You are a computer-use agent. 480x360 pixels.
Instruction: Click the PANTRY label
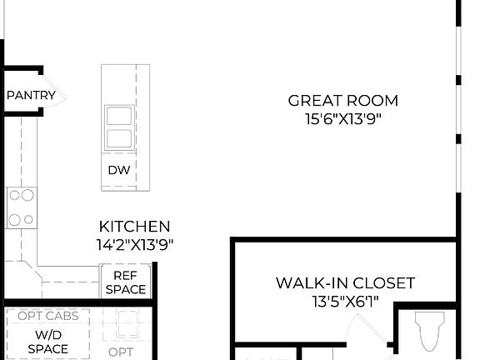[31, 96]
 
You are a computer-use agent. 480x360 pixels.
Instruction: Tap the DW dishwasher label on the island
[117, 170]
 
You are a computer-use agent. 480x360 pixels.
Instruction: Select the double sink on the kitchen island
[117, 127]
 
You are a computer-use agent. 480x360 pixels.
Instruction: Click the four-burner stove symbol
[21, 207]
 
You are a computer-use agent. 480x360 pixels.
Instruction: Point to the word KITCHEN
[134, 227]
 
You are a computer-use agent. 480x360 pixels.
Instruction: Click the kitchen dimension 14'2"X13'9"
[134, 245]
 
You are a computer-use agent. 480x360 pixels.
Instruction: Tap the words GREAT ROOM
[342, 101]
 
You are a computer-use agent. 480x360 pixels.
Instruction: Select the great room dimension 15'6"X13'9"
[342, 119]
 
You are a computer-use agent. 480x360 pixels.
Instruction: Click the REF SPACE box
[126, 283]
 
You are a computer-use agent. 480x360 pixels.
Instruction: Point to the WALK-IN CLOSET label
[345, 283]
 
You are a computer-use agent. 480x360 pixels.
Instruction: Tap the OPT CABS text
[47, 316]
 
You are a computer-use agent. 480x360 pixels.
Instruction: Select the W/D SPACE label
[47, 342]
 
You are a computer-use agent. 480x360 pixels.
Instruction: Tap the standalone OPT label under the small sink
[120, 352]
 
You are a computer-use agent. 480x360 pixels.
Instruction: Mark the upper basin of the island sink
[117, 116]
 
